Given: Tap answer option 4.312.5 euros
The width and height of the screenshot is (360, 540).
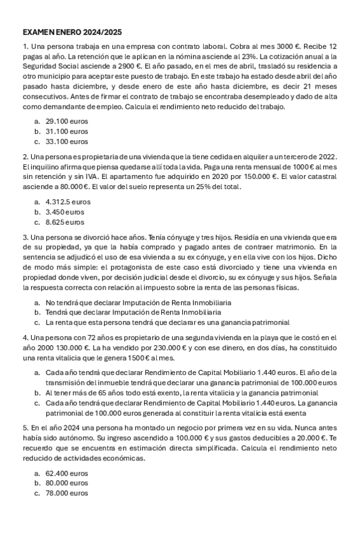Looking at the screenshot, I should point(68,201).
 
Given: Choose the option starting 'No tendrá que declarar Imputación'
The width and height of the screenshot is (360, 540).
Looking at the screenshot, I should point(138,302).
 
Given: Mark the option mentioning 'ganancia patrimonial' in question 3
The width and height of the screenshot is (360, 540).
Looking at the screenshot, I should point(168,322).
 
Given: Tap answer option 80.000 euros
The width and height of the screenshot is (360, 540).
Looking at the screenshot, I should point(67,483).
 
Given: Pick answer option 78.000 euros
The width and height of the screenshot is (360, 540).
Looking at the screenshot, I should point(67,494).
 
